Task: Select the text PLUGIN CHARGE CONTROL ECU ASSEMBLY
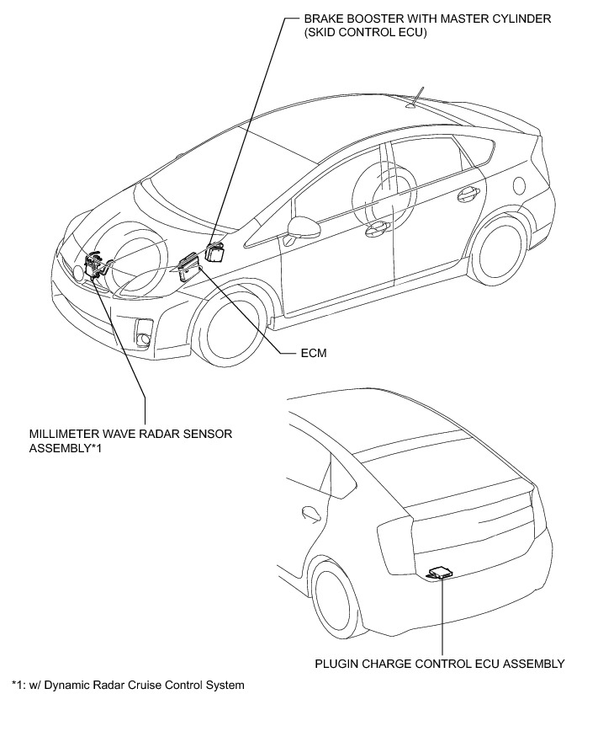(x=439, y=664)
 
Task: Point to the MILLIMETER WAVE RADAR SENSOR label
(x=130, y=434)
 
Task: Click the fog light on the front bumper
(x=145, y=330)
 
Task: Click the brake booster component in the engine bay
(x=217, y=251)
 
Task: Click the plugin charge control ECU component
(x=441, y=573)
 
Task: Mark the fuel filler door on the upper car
(x=519, y=184)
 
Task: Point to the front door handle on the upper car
(x=375, y=226)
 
